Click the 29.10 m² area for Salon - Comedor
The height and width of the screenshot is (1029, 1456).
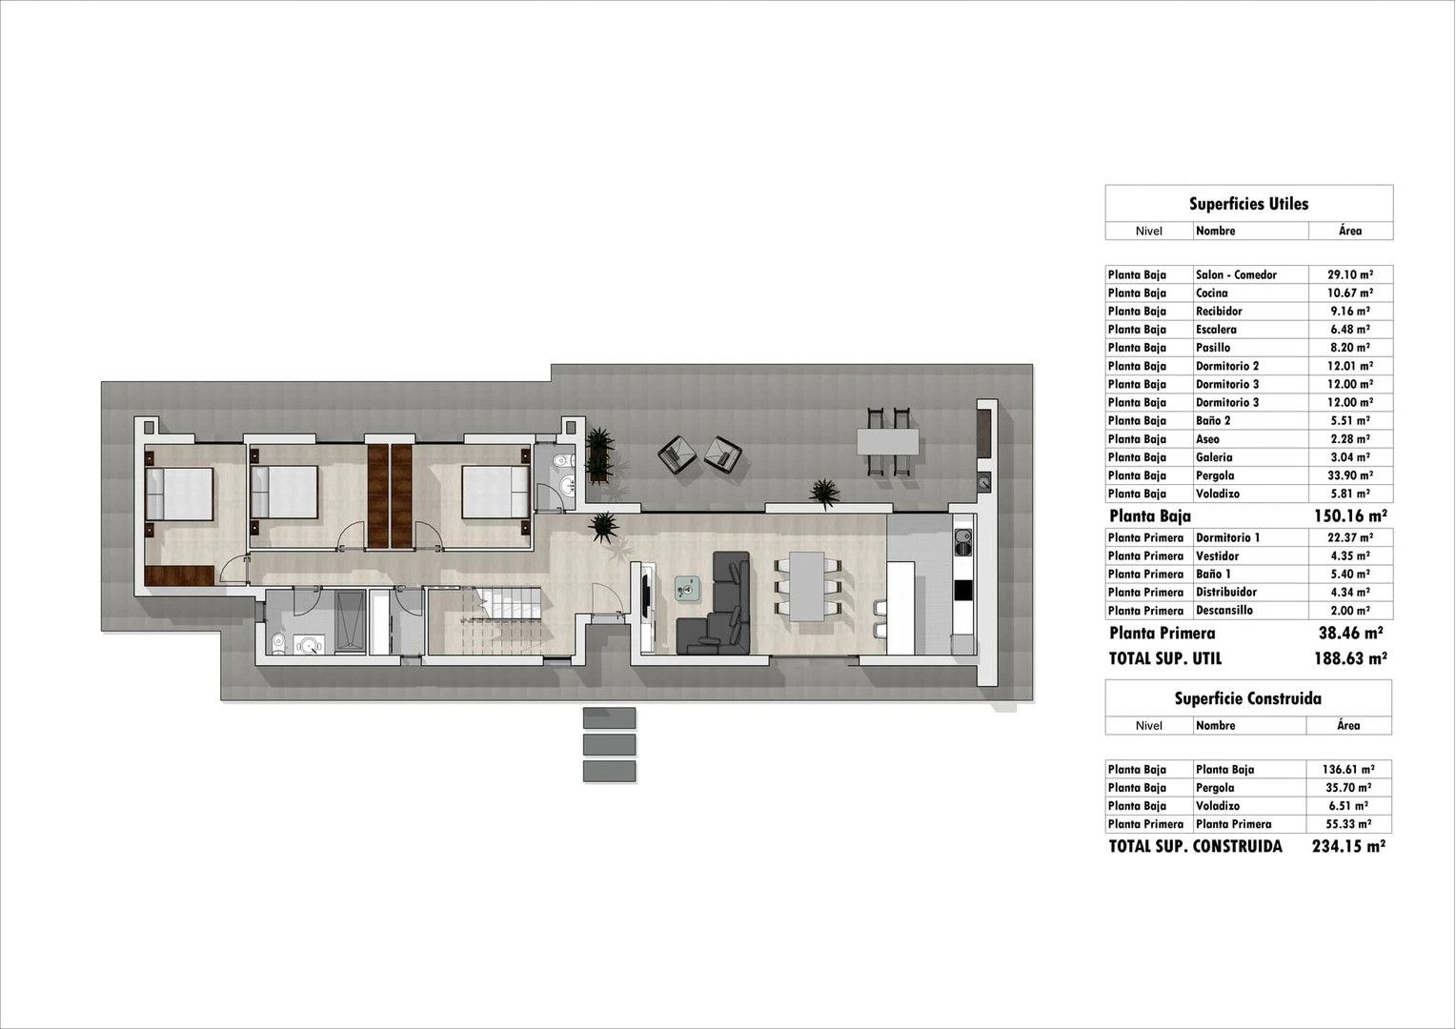tap(1349, 274)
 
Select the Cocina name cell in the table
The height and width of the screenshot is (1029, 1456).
tap(1212, 293)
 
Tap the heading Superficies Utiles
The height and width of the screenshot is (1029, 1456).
tap(1248, 204)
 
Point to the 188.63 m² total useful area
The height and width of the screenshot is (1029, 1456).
tap(1349, 658)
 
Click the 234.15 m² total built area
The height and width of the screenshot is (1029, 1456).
tap(1348, 846)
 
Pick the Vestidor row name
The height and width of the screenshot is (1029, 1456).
tap(1218, 555)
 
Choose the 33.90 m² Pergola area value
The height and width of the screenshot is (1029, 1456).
tap(1349, 475)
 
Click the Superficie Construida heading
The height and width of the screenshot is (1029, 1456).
tap(1247, 698)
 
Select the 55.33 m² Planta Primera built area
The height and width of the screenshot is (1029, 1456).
tap(1348, 824)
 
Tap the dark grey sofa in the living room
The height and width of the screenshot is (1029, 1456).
tap(716, 610)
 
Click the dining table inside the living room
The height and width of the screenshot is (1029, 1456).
tap(807, 586)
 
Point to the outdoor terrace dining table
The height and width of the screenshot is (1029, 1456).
tap(887, 441)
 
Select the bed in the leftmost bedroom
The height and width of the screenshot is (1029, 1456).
tap(179, 494)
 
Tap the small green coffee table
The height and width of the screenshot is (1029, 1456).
tap(687, 589)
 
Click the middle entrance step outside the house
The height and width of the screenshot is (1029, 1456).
tap(609, 744)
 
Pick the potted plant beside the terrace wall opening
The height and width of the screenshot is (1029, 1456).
tap(823, 494)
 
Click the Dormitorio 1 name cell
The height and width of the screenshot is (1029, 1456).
tap(1227, 537)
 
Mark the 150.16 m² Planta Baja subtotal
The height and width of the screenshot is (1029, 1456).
tap(1349, 516)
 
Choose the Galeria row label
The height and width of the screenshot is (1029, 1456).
tap(1214, 457)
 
